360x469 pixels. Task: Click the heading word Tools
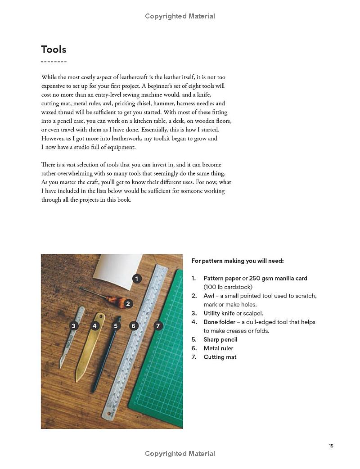pos(54,49)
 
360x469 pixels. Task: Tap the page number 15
pos(331,446)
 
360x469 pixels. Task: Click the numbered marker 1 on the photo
pos(137,279)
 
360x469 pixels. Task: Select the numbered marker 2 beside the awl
pos(128,304)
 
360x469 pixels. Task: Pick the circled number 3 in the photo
pos(74,325)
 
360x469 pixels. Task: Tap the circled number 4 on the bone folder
pos(95,325)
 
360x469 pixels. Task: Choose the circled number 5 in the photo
pos(116,325)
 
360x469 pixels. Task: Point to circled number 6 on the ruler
pos(134,325)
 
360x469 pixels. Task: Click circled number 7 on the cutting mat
pos(157,325)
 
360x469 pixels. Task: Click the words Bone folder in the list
pos(220,322)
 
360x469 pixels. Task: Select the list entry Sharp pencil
pos(220,340)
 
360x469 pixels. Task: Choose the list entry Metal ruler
pos(218,348)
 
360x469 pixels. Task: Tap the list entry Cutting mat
pos(220,357)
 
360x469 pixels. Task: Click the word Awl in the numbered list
pos(208,296)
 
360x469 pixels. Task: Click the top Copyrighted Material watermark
pos(180,16)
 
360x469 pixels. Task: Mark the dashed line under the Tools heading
pos(54,62)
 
